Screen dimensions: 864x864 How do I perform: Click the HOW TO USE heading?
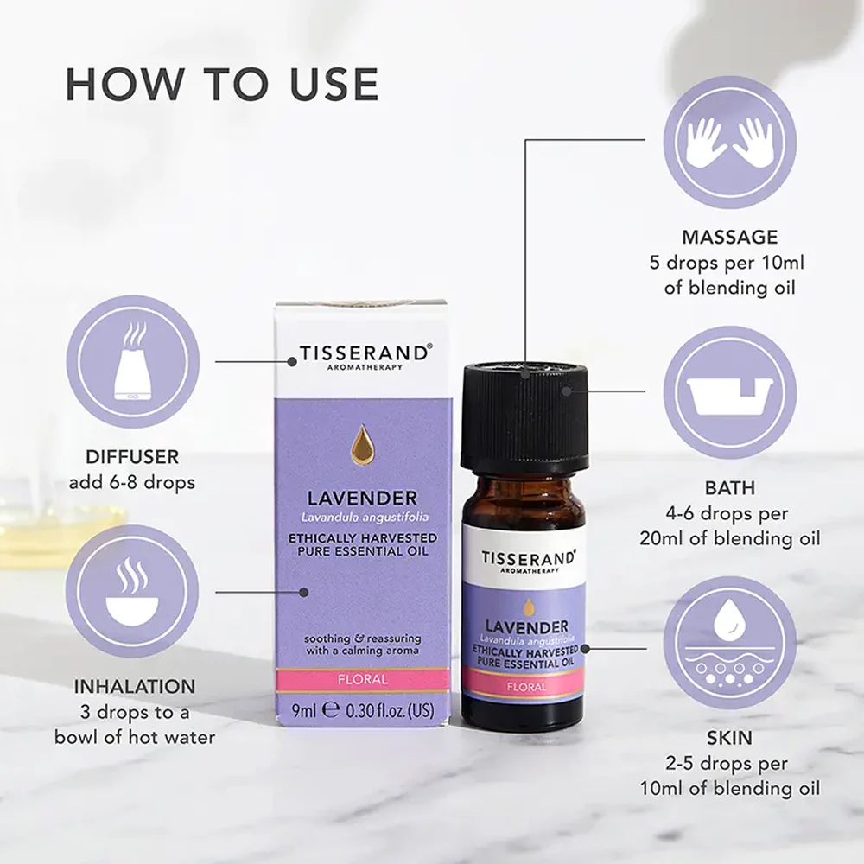pos(222,85)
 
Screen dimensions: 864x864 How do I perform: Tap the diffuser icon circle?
pos(133,361)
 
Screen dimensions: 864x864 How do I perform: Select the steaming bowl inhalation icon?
pos(132,592)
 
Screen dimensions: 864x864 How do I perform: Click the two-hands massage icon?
pos(729,143)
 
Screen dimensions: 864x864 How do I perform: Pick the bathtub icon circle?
pos(729,393)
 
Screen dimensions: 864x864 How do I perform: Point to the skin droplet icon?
pos(729,643)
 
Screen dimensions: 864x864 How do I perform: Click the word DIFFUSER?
pos(132,457)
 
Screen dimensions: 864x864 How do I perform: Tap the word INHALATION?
pos(135,687)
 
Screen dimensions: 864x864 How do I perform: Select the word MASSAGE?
pos(729,237)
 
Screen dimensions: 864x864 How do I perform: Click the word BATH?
pos(729,487)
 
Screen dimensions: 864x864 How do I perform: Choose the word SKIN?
pos(729,738)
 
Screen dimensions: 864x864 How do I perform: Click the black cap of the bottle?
pos(524,416)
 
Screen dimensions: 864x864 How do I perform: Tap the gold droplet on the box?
pos(361,444)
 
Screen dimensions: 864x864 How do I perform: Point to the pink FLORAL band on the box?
pos(363,680)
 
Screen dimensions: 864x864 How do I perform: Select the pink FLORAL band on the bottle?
pos(525,687)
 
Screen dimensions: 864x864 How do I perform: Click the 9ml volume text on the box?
pos(304,711)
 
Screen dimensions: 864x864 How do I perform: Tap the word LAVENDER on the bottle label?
pos(526,627)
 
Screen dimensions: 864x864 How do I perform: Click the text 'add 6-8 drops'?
pos(132,483)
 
